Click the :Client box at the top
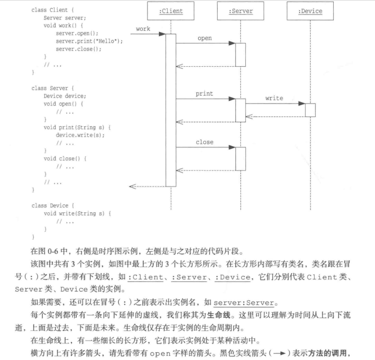(171, 11)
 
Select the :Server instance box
(241, 11)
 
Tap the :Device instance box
(310, 11)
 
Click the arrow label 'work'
(143, 29)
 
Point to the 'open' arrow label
(205, 38)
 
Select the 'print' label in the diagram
(204, 94)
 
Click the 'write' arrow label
(274, 99)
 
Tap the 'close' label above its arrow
(204, 142)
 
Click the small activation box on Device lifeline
(310, 110)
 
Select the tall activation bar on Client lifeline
(171, 110)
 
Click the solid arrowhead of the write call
(302, 104)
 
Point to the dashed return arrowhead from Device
(249, 117)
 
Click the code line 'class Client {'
(52, 10)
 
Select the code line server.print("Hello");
(89, 41)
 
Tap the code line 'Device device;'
(64, 96)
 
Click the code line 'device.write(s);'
(80, 135)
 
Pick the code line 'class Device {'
(53, 206)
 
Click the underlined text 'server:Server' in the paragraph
(243, 303)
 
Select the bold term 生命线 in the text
(219, 315)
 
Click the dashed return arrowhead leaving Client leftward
(133, 186)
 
